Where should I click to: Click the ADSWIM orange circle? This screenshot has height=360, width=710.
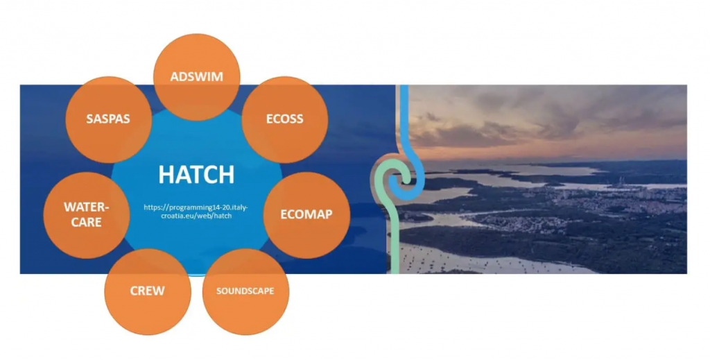196,59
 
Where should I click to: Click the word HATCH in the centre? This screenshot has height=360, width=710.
196,175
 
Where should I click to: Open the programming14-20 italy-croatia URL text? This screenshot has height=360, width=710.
196,212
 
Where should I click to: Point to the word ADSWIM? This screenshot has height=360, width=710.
196,76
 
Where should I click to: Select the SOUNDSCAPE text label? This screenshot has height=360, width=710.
245,291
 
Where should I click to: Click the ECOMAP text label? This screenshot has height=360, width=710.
306,214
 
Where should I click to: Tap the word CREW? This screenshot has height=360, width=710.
148,290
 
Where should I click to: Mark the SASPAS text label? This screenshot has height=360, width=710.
108,119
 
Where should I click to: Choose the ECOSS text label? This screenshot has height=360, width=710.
285,119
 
